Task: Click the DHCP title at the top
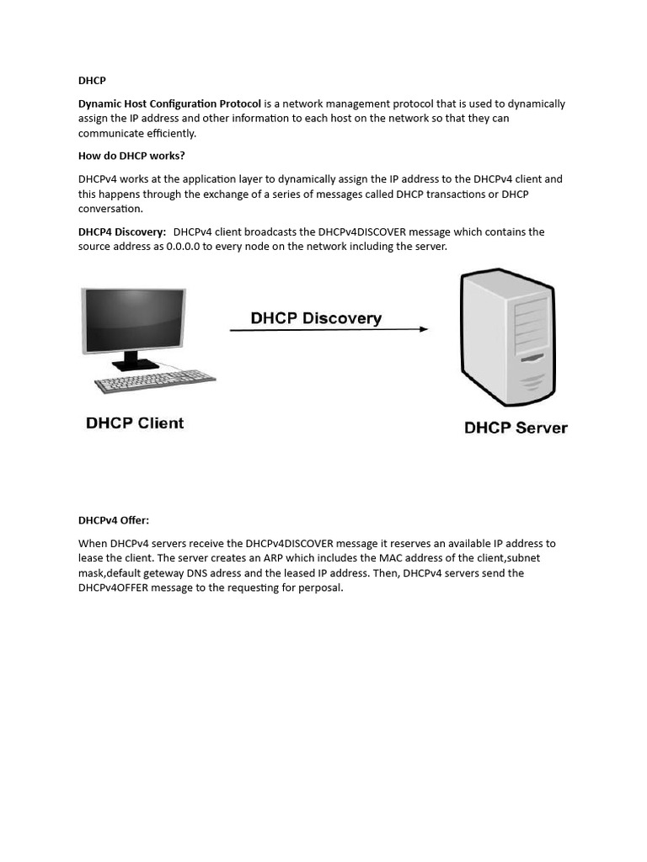click(92, 81)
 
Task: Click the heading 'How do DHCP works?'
click(131, 156)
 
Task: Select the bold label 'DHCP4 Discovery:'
click(122, 231)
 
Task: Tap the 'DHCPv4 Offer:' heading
click(114, 520)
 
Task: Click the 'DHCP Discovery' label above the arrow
click(316, 318)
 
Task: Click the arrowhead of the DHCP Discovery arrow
click(424, 329)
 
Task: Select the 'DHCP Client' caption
click(135, 423)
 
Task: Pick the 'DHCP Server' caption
click(516, 428)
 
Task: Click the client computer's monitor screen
click(132, 319)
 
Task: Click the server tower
click(505, 337)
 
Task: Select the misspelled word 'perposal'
click(320, 588)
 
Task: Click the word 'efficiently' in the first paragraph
click(167, 133)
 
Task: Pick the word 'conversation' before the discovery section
click(110, 209)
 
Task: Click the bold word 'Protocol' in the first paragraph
click(240, 104)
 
